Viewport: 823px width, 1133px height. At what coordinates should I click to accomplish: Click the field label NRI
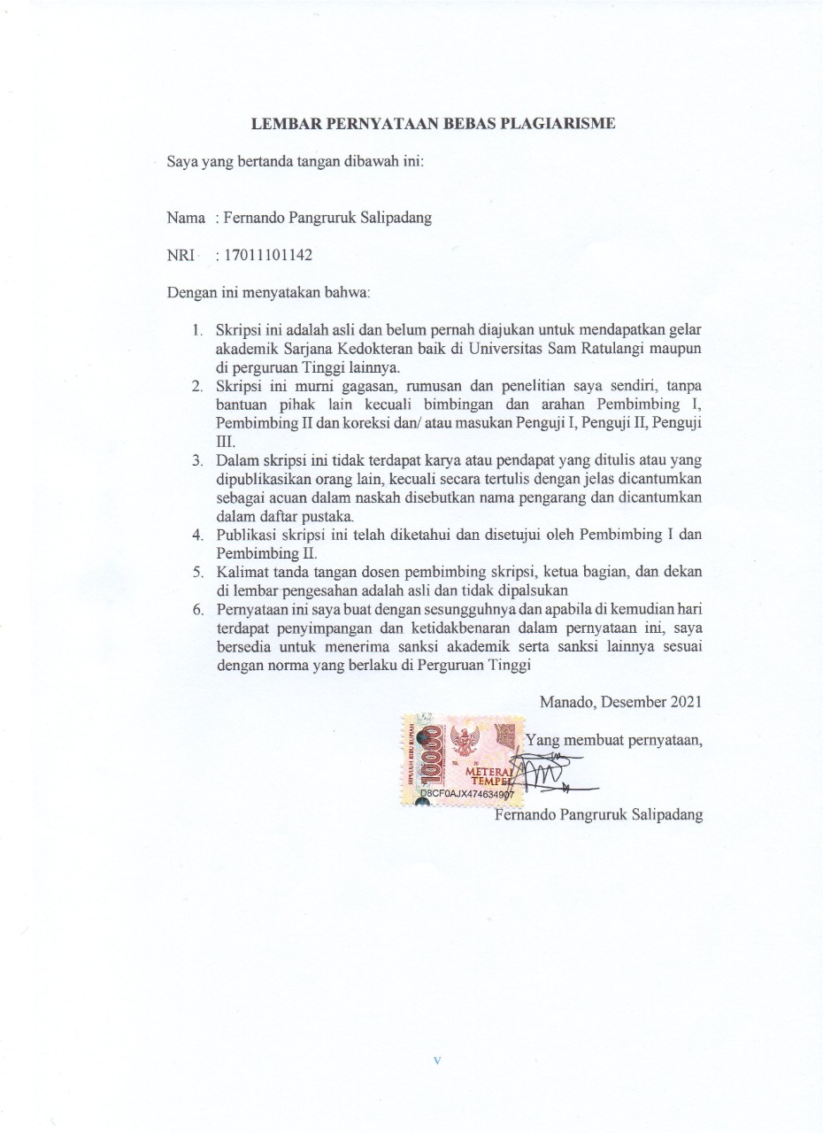(x=181, y=256)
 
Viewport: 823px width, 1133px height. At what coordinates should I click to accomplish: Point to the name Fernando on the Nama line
(x=256, y=218)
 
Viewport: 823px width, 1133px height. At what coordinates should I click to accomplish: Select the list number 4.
(x=198, y=535)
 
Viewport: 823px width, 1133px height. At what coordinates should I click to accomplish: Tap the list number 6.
(x=198, y=609)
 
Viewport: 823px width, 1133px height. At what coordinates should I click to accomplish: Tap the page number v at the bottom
(x=437, y=1060)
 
